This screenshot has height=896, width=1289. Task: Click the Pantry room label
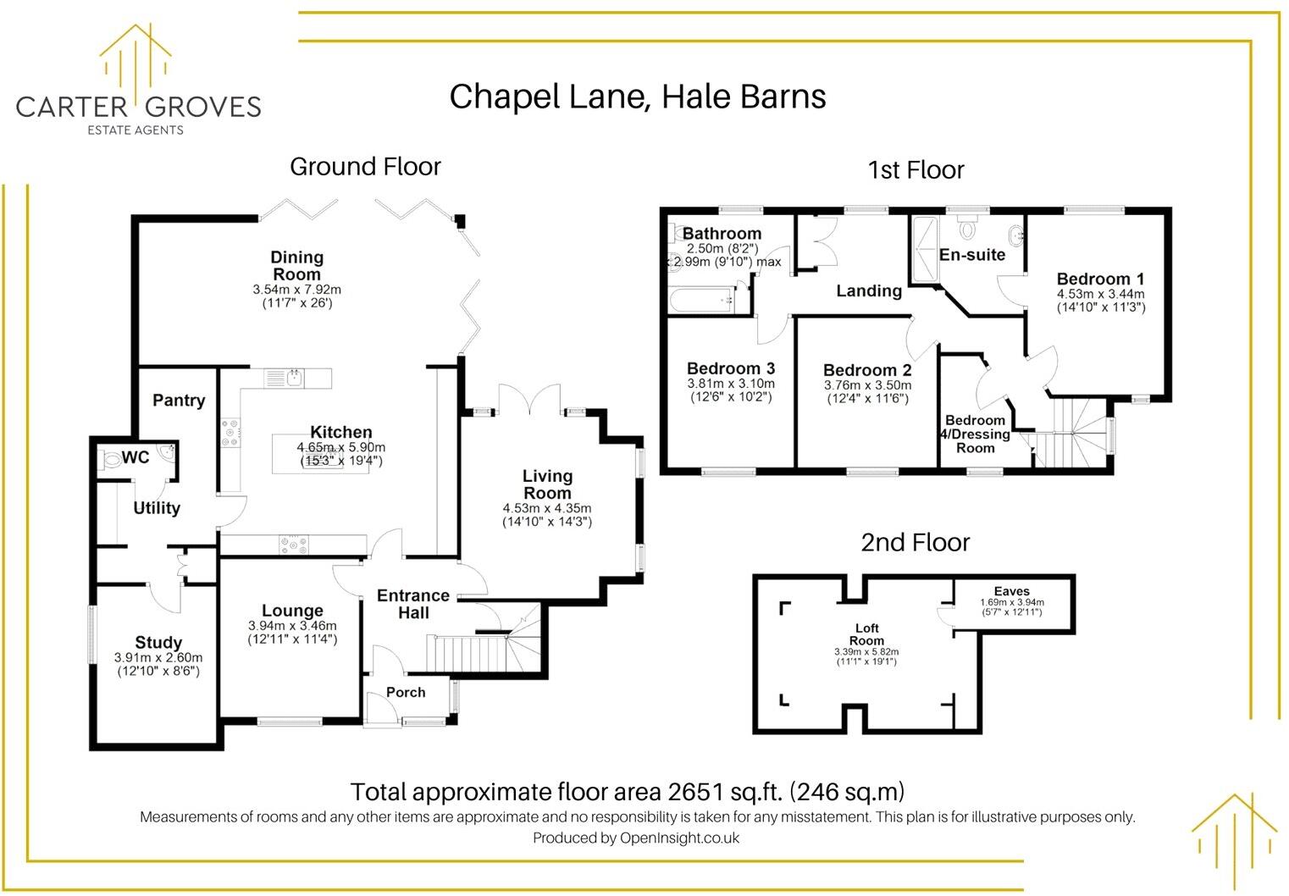[x=179, y=401]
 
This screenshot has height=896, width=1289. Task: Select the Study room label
[x=158, y=643]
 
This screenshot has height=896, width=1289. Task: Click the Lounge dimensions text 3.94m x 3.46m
[x=292, y=626]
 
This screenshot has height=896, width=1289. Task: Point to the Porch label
[x=406, y=692]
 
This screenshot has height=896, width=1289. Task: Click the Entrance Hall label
[x=413, y=604]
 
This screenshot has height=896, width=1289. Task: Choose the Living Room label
[x=547, y=484]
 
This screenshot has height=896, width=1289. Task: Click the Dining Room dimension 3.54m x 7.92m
[x=296, y=290]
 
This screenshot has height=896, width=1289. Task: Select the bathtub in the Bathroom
[x=700, y=298]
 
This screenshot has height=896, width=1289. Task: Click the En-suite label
[x=972, y=255]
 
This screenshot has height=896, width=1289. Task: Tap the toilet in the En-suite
[x=966, y=227]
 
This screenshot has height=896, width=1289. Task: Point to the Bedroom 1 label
[x=1100, y=279]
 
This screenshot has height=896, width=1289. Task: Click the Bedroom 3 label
[x=731, y=368]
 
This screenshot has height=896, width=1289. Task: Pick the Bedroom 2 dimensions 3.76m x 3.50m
[x=867, y=385]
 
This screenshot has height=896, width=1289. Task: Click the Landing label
[x=869, y=291]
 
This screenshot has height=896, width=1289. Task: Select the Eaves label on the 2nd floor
[x=1012, y=591]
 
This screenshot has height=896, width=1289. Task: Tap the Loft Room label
[x=866, y=634]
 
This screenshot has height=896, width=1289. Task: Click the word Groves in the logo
[x=203, y=107]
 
